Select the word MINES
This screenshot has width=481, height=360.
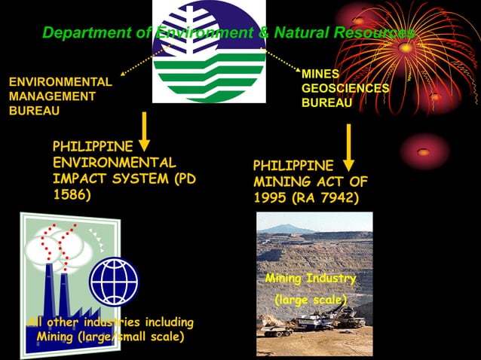tap(320, 75)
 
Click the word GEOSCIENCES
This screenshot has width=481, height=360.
tap(345, 89)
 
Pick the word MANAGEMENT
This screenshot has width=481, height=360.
tap(51, 96)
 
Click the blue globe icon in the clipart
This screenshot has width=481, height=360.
tap(114, 281)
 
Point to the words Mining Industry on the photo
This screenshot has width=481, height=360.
tap(311, 279)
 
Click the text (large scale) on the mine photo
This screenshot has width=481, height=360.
tap(311, 301)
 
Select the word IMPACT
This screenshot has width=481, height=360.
tap(80, 179)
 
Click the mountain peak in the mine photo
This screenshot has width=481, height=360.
tap(293, 227)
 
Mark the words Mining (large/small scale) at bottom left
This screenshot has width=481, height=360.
tap(110, 337)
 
